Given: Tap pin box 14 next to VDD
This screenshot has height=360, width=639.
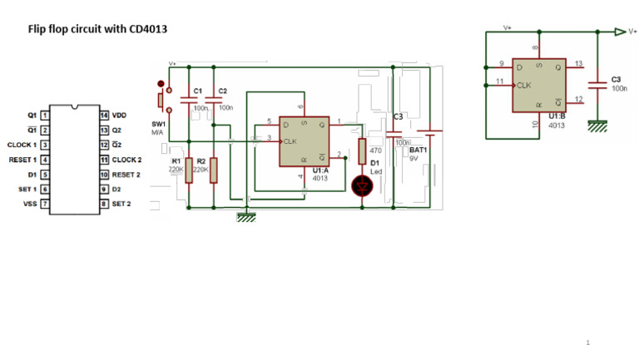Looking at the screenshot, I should coord(105,116).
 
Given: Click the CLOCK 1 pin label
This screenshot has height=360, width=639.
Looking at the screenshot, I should coord(21,145).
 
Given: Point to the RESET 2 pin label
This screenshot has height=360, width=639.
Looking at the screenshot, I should coord(126,175).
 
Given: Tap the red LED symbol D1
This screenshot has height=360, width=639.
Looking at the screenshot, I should coord(362,186).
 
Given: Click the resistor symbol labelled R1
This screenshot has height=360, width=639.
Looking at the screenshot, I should coord(189,170).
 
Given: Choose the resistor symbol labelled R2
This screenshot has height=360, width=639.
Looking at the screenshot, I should coord(214,170).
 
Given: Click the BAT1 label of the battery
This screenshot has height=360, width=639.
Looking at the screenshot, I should coord(418,150).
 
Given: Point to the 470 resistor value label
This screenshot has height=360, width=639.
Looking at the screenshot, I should coord(375,150).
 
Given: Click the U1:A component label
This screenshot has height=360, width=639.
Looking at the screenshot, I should coord(321,170).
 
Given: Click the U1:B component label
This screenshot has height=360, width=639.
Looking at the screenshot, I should coord(557,116).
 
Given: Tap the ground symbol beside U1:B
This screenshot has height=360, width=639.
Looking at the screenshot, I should coord(596,126).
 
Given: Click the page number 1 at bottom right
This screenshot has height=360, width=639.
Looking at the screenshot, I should coord(587,343).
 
